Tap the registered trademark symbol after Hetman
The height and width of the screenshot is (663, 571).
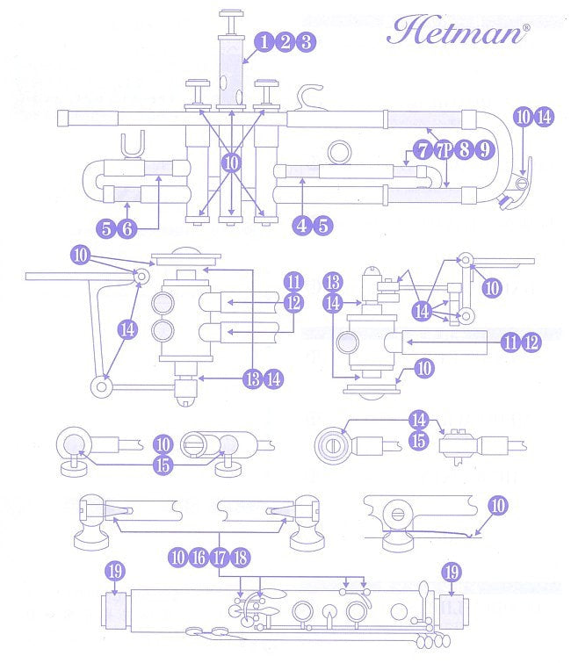coord(526,28)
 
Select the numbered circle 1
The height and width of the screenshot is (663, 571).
coord(264,41)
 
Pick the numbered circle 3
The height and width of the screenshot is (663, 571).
coord(305,41)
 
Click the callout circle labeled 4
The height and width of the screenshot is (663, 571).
coord(302,225)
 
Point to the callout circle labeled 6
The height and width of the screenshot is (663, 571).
coord(127,229)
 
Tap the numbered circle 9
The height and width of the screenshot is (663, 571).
coord(484,148)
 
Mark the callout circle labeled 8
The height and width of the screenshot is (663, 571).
coord(464,148)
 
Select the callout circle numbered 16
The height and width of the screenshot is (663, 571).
coord(199,556)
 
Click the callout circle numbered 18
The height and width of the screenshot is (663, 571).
coord(239,556)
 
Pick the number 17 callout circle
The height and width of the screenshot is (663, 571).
coord(219,556)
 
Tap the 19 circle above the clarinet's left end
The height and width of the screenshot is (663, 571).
coord(115,572)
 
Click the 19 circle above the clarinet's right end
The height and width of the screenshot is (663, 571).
coord(451,572)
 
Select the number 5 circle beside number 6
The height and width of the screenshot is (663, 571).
coord(107,229)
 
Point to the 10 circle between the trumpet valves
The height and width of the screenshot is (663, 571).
coord(231,162)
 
